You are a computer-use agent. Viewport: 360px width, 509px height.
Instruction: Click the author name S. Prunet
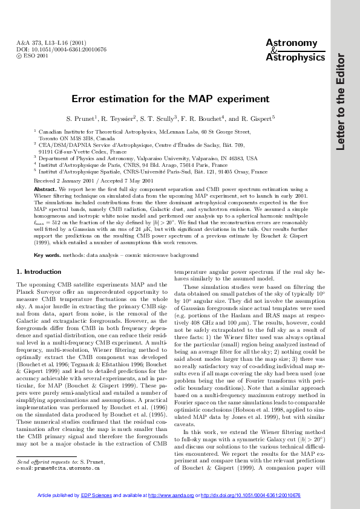click(99, 118)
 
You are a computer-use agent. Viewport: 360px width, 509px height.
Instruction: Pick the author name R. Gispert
click(258, 118)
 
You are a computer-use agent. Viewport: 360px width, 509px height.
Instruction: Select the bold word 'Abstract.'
click(47, 189)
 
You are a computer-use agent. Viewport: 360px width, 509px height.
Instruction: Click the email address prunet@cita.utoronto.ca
click(66, 467)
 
